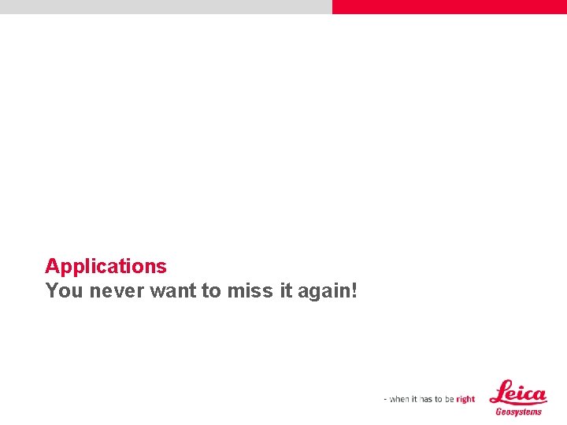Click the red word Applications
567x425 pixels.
[x=106, y=266]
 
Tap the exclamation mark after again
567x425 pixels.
[x=354, y=290]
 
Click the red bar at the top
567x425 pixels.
[x=449, y=6]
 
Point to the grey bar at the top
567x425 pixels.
[x=165, y=6]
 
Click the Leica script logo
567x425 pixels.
[x=518, y=392]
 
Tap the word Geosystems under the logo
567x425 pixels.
[x=519, y=412]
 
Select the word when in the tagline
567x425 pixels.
[x=399, y=399]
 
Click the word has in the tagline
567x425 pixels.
[x=428, y=399]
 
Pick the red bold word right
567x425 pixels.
[x=465, y=399]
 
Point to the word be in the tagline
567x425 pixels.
[x=449, y=399]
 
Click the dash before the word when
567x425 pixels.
[x=386, y=399]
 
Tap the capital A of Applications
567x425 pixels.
[x=51, y=266]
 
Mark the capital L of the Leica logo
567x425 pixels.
[x=499, y=392]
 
